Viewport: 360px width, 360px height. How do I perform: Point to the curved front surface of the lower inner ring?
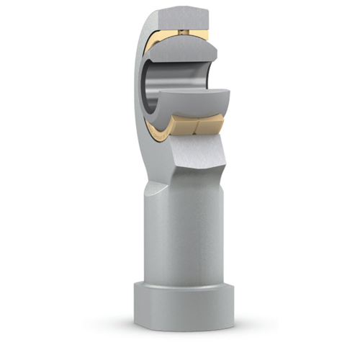(198, 108)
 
